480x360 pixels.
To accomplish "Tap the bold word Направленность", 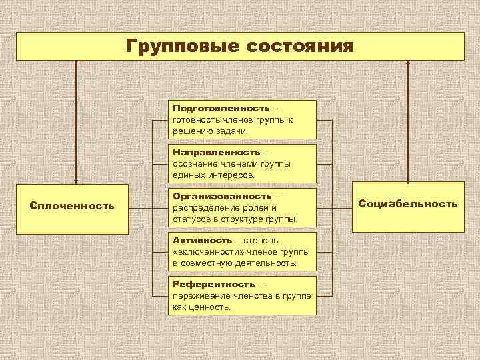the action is (x=215, y=152).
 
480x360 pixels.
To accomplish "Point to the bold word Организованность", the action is (x=222, y=196).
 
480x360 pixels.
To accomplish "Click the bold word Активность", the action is (x=202, y=240).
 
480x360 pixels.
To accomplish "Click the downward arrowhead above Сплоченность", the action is (x=76, y=180).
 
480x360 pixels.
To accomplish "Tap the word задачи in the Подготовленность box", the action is (x=230, y=131).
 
